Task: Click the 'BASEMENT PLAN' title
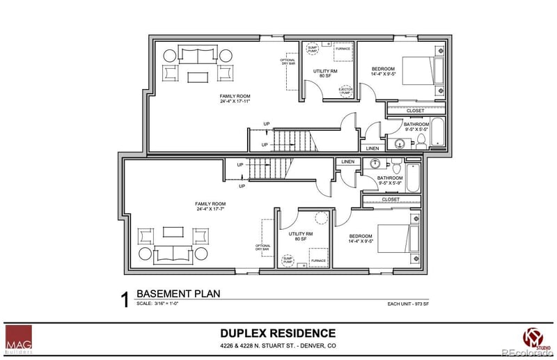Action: [178, 294]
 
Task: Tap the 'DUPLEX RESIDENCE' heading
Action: [278, 334]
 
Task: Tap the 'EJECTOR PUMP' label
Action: [345, 91]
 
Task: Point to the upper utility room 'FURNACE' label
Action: [343, 49]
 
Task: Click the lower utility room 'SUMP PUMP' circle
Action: [288, 260]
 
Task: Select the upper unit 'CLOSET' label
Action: [415, 110]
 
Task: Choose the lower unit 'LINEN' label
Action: [347, 162]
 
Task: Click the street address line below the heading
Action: [278, 346]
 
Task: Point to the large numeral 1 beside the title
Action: [124, 300]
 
